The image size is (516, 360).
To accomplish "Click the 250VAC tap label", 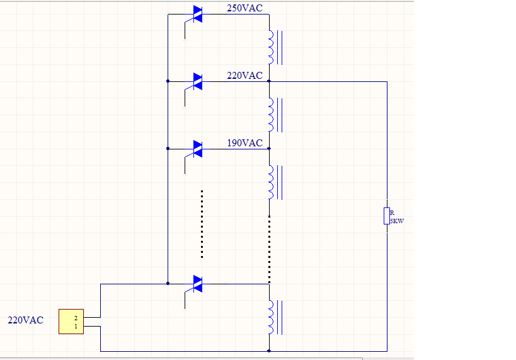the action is click(x=244, y=8).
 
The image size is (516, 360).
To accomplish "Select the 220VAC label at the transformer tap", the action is click(x=244, y=76).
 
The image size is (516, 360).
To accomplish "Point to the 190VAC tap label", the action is click(x=244, y=143).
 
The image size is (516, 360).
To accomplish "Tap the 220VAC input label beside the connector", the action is click(x=25, y=320).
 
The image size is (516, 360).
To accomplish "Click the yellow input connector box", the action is click(x=71, y=322).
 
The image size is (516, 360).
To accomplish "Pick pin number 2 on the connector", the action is click(x=76, y=318).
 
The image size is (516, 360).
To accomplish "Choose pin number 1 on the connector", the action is click(x=76, y=327).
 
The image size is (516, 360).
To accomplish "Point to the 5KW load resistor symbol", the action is click(x=387, y=216).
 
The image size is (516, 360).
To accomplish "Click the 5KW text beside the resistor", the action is click(x=397, y=221).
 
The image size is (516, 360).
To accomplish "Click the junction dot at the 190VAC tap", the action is click(x=269, y=149).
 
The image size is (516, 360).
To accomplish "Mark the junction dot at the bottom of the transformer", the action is click(x=269, y=351).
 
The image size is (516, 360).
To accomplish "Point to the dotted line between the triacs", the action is click(x=202, y=224).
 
